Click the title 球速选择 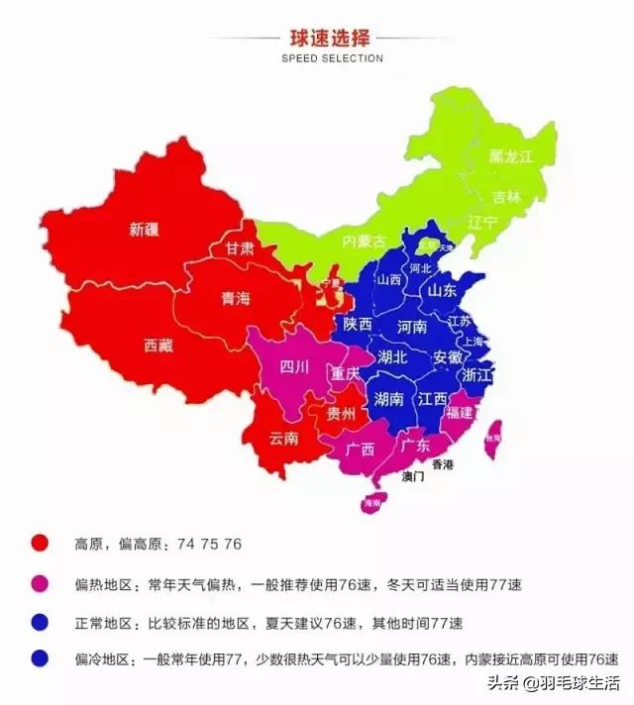(x=331, y=40)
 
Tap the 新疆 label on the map (x=145, y=230)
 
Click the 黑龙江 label (x=511, y=156)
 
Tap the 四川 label (x=294, y=367)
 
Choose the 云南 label (x=284, y=438)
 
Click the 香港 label (x=441, y=464)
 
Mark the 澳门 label (x=413, y=476)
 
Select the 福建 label (x=460, y=410)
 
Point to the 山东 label (x=442, y=291)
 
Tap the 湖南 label (x=389, y=399)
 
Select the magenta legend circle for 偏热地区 (x=41, y=584)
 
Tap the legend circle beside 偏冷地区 (x=41, y=658)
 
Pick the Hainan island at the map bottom (x=371, y=504)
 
